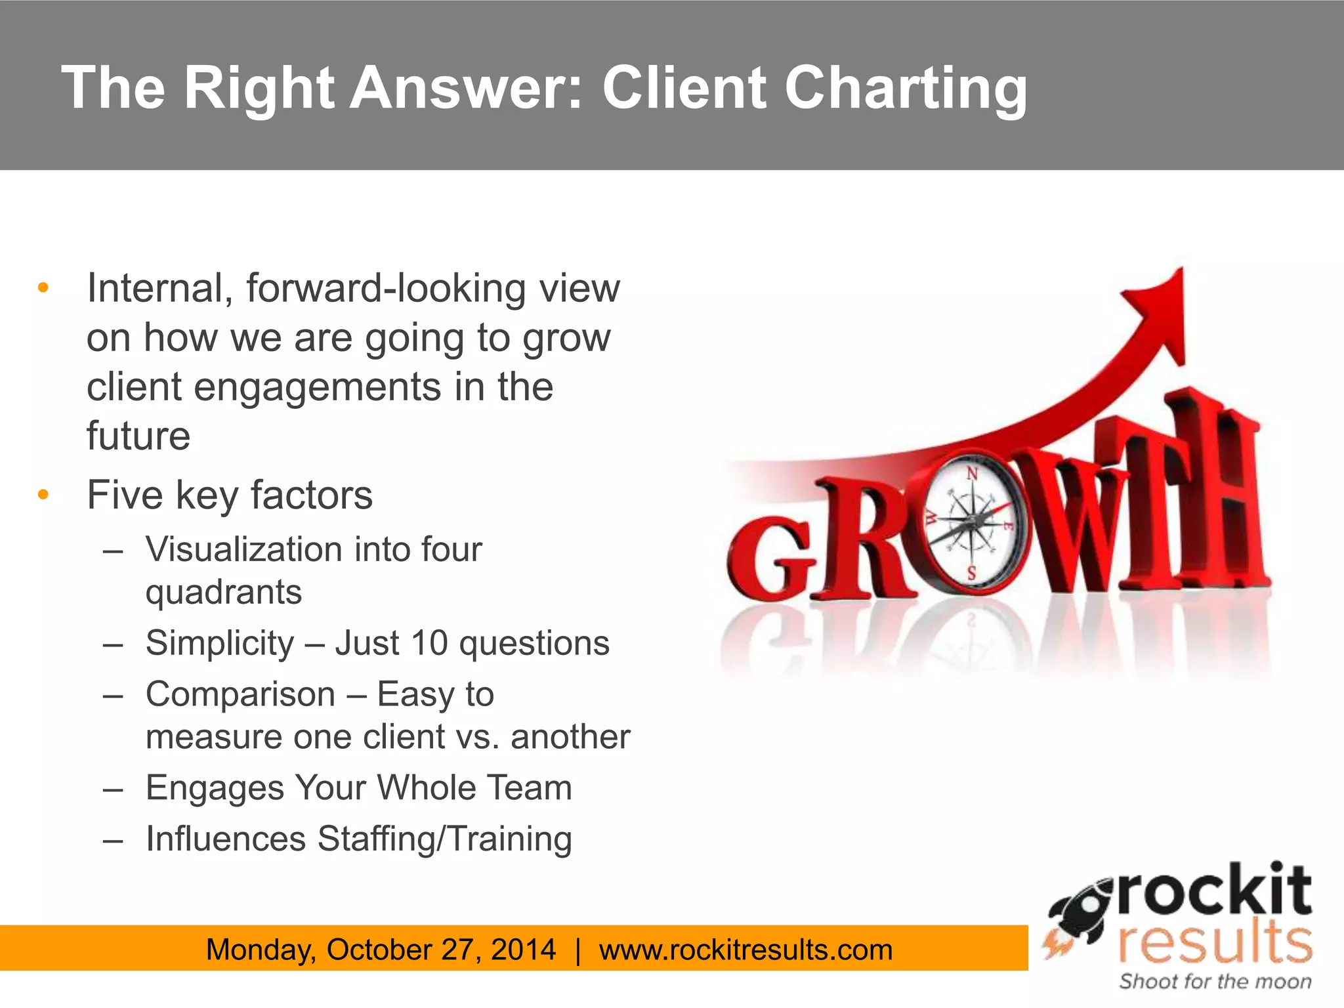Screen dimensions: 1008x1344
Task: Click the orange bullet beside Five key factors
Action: pyautogui.click(x=43, y=494)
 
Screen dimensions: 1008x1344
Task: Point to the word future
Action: pyautogui.click(x=138, y=436)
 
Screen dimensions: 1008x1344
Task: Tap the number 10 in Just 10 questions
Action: pyautogui.click(x=429, y=643)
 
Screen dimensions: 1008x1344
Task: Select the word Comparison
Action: pyautogui.click(x=240, y=694)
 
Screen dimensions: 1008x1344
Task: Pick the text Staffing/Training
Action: pyautogui.click(x=444, y=839)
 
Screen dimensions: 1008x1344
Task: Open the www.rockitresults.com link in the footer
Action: pyautogui.click(x=745, y=950)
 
